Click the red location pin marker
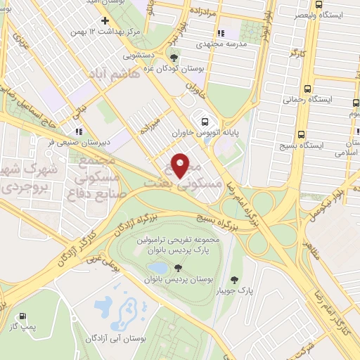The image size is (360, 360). tap(180, 165)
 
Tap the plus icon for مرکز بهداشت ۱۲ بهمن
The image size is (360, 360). tap(104, 20)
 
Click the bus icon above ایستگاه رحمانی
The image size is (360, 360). tap(307, 89)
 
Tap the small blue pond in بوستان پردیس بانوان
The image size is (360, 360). tap(158, 268)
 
